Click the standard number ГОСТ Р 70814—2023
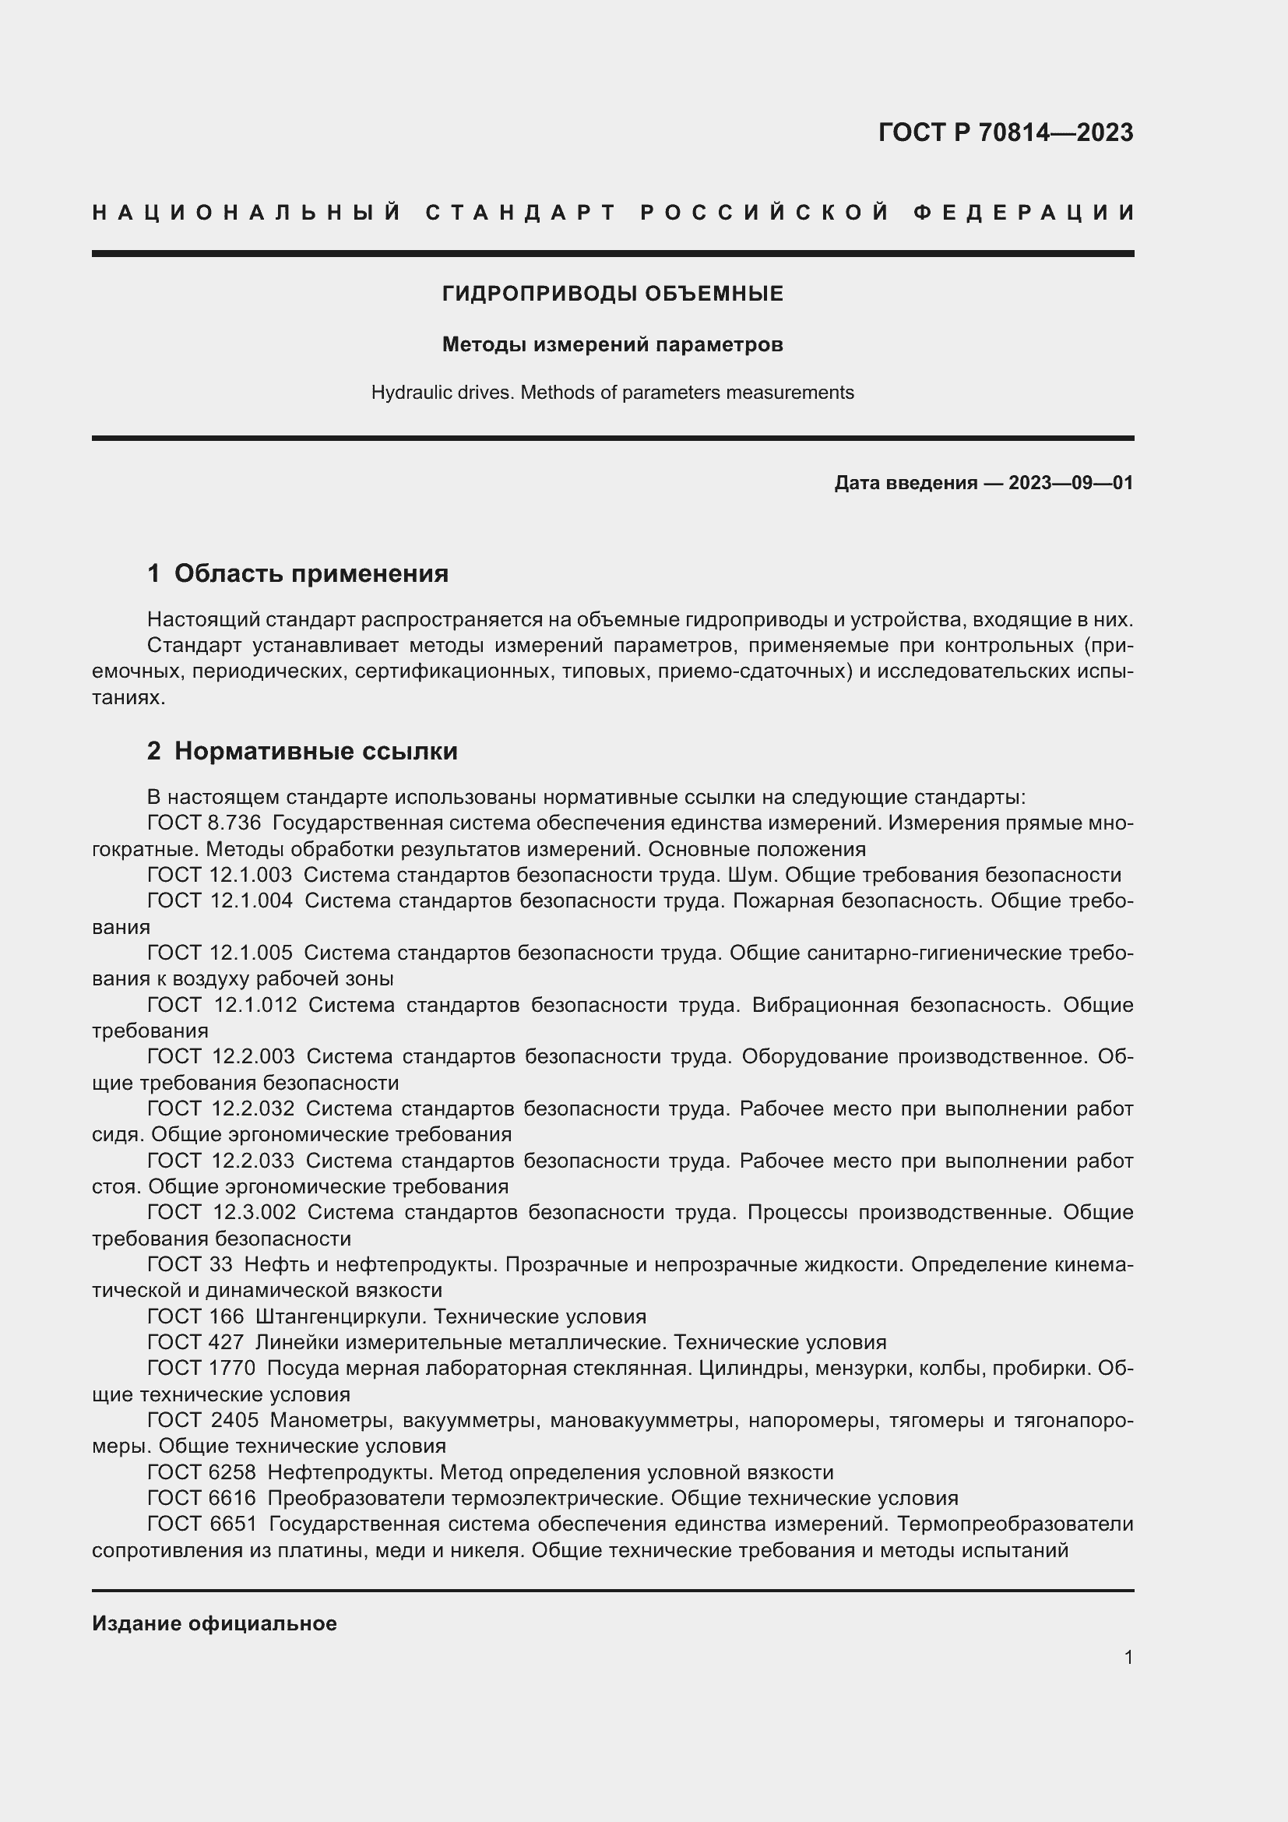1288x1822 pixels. [x=1005, y=132]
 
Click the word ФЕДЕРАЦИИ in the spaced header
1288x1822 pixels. [x=1024, y=213]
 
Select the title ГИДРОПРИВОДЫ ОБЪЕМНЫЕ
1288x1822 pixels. [x=612, y=294]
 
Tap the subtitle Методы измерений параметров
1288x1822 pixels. [x=612, y=344]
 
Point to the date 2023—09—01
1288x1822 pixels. [x=1070, y=482]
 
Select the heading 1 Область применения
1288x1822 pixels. [x=297, y=573]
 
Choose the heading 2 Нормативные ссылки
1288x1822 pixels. [x=302, y=751]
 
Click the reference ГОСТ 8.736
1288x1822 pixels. [x=204, y=823]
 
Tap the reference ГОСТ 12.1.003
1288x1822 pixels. [x=220, y=876]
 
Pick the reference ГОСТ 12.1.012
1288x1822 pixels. [x=222, y=1005]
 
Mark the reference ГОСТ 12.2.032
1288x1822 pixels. [x=220, y=1108]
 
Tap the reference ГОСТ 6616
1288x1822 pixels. [x=202, y=1498]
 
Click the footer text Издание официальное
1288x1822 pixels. [x=214, y=1623]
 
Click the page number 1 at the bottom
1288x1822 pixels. [x=1128, y=1657]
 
